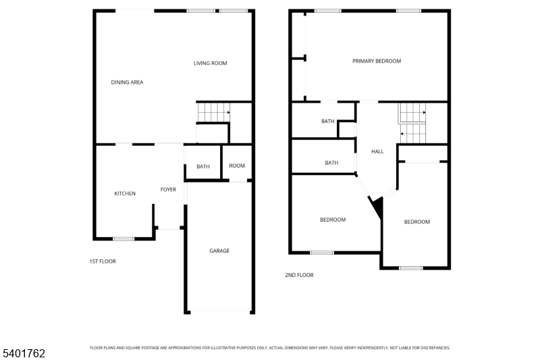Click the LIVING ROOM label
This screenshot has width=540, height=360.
click(210, 63)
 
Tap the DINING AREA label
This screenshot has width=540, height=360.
click(127, 82)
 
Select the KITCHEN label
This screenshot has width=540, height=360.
click(125, 194)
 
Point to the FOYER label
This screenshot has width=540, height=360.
click(168, 190)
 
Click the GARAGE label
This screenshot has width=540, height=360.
click(219, 251)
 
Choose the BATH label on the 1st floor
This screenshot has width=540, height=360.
click(203, 167)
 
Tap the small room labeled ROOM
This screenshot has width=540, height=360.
click(237, 166)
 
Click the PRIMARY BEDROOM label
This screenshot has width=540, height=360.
click(377, 61)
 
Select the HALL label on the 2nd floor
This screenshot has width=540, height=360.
click(377, 151)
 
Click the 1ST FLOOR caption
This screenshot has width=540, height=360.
click(103, 261)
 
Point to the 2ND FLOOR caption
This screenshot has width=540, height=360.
click(299, 275)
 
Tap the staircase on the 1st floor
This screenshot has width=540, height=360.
click(213, 112)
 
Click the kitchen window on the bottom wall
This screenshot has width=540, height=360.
click(124, 238)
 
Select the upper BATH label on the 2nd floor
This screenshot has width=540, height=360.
click(328, 122)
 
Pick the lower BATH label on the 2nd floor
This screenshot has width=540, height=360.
click(331, 163)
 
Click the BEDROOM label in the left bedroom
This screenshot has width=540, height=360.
click(333, 220)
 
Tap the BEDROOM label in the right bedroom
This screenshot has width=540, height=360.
click(416, 222)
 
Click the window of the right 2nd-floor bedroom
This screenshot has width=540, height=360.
click(410, 268)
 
